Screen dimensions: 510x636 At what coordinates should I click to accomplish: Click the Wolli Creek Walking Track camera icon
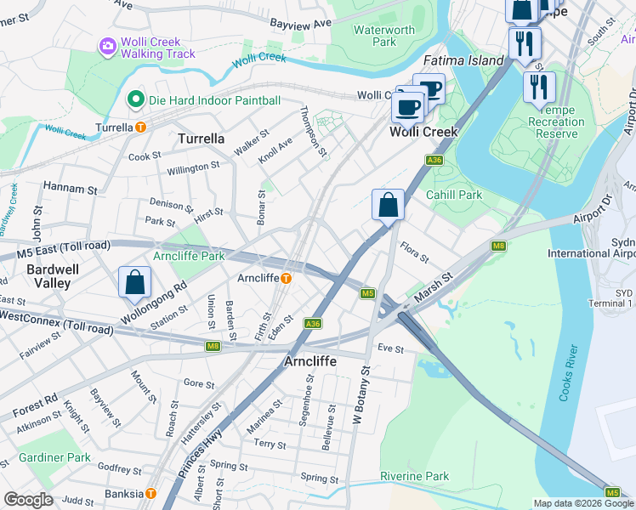click(x=108, y=45)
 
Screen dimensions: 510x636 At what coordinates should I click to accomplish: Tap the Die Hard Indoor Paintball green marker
click(x=134, y=100)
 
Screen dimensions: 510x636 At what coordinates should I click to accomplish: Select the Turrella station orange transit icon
click(x=141, y=127)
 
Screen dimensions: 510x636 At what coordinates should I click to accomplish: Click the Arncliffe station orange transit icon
click(x=287, y=278)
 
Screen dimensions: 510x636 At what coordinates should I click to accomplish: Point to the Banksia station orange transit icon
click(x=150, y=493)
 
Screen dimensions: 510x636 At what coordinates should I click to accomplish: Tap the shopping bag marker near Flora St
click(x=388, y=206)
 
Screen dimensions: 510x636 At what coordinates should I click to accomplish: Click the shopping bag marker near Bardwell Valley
click(x=135, y=283)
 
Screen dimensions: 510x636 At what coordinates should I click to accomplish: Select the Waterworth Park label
click(x=384, y=36)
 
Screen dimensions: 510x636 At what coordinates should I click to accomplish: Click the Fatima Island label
click(x=464, y=60)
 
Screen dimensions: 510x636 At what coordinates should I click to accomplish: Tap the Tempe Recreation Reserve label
click(x=550, y=122)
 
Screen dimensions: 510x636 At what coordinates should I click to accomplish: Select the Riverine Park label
click(x=414, y=476)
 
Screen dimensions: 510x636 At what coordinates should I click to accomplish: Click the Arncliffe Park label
click(x=189, y=256)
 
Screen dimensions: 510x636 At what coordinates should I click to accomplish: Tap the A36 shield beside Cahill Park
click(x=434, y=160)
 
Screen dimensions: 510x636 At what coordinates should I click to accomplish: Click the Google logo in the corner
click(x=28, y=499)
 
